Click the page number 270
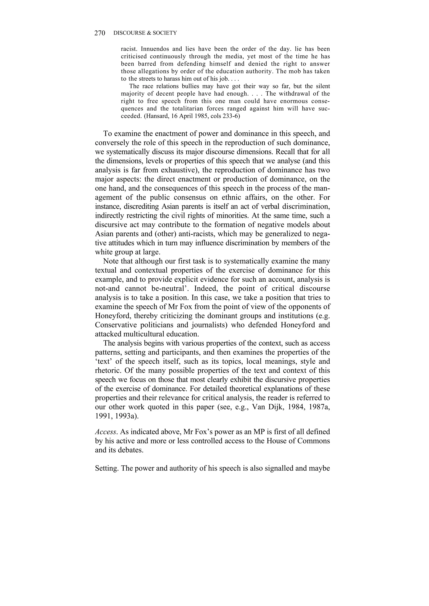(x=100, y=33)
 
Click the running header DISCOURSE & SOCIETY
(x=145, y=33)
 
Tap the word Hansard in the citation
(x=156, y=116)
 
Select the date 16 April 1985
(x=189, y=116)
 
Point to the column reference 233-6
(x=230, y=116)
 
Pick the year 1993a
(x=125, y=416)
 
